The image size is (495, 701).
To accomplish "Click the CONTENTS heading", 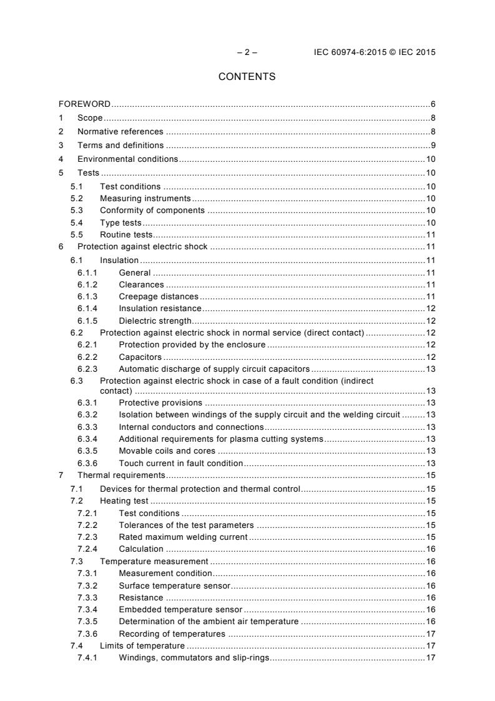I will (247, 77).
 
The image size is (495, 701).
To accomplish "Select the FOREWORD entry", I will (84, 104).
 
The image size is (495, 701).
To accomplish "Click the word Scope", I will (90, 117).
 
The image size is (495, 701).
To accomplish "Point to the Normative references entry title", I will (120, 131).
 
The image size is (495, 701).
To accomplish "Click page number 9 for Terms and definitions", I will (433, 145).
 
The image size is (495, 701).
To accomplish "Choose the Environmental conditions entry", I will (127, 159).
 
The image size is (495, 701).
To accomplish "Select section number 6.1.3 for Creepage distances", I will (87, 296).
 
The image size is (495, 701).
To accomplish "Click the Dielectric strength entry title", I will (155, 321).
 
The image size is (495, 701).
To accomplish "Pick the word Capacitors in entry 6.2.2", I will (140, 357).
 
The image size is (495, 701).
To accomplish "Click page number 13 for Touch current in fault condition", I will (430, 463).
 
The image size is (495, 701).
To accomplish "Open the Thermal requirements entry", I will (117, 475).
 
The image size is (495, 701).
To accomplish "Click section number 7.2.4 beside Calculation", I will (87, 549).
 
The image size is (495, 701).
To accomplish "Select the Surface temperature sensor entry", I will (174, 585).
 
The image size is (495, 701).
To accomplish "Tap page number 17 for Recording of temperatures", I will (430, 634).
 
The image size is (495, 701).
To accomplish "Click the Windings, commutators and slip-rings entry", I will (194, 658).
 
